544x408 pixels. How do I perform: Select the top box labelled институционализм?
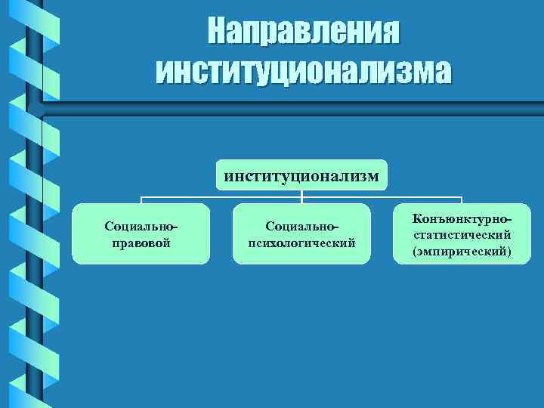click(x=301, y=175)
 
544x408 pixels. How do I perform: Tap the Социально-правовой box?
click(x=141, y=233)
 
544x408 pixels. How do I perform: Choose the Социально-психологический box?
click(x=301, y=233)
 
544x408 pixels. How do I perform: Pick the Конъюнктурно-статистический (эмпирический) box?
click(x=462, y=233)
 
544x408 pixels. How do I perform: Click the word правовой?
click(x=141, y=243)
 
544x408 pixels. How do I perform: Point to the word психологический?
click(x=301, y=243)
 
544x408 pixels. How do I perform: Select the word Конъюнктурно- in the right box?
click(x=460, y=219)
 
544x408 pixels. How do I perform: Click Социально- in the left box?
click(x=141, y=226)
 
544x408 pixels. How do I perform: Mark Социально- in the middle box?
click(x=301, y=226)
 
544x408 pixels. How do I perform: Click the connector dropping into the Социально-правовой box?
click(x=141, y=200)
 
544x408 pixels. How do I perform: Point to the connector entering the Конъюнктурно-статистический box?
click(x=462, y=200)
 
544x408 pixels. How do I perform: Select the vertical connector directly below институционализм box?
click(x=301, y=193)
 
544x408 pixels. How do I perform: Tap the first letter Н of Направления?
click(x=215, y=32)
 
